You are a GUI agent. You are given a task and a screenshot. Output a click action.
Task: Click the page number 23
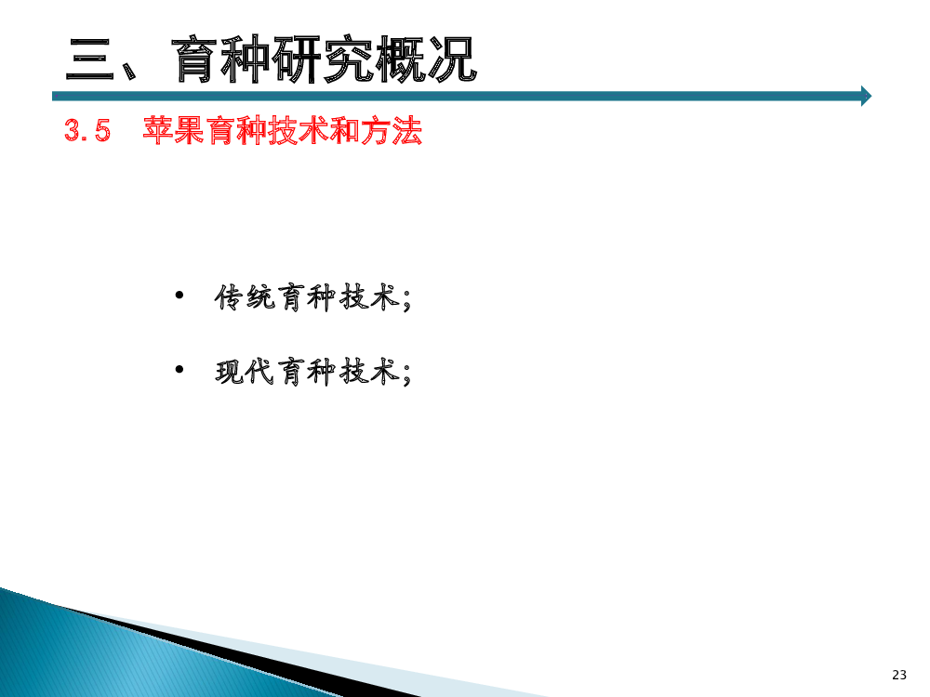899,675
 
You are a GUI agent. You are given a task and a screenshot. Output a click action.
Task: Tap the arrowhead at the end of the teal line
867,96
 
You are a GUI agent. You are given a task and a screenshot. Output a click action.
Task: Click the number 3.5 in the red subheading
87,130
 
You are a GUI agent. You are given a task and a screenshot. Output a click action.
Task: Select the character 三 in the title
90,59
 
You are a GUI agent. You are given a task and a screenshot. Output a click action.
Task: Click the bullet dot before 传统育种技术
179,295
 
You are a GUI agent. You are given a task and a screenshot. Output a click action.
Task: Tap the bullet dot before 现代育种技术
179,370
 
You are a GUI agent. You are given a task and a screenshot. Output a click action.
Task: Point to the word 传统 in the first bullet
245,297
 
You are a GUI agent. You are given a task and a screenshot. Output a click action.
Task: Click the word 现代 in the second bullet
245,373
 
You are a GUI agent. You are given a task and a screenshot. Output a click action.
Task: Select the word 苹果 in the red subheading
174,130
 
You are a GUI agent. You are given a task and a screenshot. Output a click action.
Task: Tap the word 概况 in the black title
427,59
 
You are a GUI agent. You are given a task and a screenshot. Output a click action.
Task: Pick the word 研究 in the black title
325,59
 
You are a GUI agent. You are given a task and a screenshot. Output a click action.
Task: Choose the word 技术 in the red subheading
299,130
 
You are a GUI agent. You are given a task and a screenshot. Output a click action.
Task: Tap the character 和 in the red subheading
345,130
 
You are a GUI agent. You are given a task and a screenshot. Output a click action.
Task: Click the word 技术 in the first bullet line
369,297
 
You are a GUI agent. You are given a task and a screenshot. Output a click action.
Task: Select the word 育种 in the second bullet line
307,373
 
